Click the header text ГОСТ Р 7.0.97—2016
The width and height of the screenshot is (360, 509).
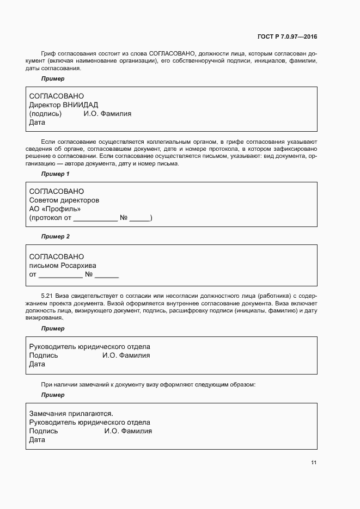pyautogui.click(x=287, y=37)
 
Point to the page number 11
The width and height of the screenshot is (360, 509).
pyautogui.click(x=314, y=463)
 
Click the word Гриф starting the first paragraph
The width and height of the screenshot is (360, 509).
pyautogui.click(x=48, y=54)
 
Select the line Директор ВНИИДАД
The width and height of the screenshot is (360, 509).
pyautogui.click(x=63, y=105)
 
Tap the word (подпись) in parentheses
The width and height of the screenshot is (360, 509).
pyautogui.click(x=45, y=114)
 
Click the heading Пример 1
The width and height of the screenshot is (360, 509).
pyautogui.click(x=56, y=174)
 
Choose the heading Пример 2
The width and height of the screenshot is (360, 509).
pyautogui.click(x=56, y=236)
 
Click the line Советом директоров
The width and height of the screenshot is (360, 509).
pyautogui.click(x=64, y=200)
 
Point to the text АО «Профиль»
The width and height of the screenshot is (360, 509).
pyautogui.click(x=55, y=208)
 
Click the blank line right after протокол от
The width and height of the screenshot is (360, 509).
pyautogui.click(x=95, y=219)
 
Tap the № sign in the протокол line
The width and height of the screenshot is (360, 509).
pyautogui.click(x=124, y=218)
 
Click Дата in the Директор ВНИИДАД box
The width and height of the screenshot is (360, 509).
pyautogui.click(x=37, y=122)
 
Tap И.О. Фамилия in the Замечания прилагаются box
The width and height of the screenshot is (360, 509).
pyautogui.click(x=128, y=431)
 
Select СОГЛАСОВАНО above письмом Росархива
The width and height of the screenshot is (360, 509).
pyautogui.click(x=57, y=256)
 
